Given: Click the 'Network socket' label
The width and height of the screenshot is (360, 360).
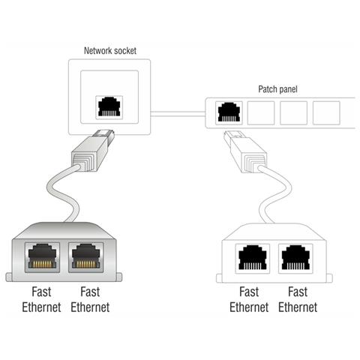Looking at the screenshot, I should click(x=109, y=51).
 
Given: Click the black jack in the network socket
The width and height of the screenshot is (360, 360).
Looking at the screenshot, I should click(x=109, y=106).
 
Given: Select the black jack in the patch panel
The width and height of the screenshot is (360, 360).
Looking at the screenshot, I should click(x=228, y=112).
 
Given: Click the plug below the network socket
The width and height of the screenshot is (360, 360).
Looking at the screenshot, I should click(x=88, y=151).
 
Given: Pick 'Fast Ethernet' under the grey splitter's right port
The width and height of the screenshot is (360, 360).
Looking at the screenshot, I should click(x=89, y=299).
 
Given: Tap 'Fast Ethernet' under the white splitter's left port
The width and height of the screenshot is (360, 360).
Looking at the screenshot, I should click(x=248, y=299).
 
